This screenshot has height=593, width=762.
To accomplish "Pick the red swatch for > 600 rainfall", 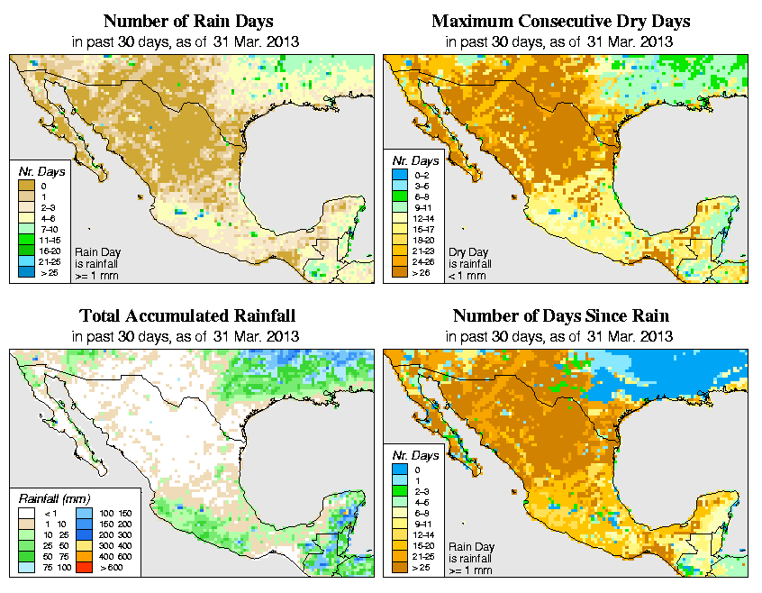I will [x=83, y=568].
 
